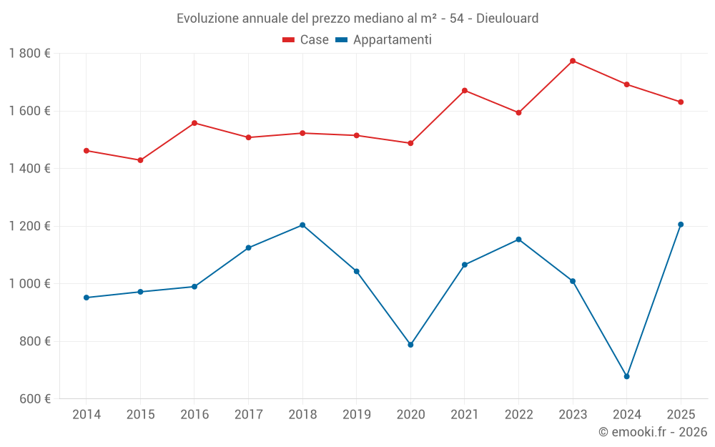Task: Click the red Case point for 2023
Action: tap(573, 61)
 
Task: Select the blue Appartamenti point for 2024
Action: tap(627, 376)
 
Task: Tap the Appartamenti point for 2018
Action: tap(302, 225)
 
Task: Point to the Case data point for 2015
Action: tap(140, 160)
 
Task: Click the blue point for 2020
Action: tap(410, 345)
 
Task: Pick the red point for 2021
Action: tap(465, 91)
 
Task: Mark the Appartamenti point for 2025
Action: tap(681, 225)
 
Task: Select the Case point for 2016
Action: tap(194, 123)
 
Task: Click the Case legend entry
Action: tap(306, 40)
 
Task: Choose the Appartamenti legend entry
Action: tap(384, 40)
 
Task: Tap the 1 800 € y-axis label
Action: tap(29, 54)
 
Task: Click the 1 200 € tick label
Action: tap(29, 226)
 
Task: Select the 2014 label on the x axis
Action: tap(87, 415)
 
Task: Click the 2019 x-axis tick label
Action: tap(356, 415)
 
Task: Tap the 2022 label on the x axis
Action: tap(518, 415)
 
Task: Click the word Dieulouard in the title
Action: tap(507, 18)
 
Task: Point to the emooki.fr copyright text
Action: tap(653, 432)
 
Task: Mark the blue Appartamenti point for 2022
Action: tap(518, 240)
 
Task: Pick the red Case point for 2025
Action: tap(681, 102)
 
